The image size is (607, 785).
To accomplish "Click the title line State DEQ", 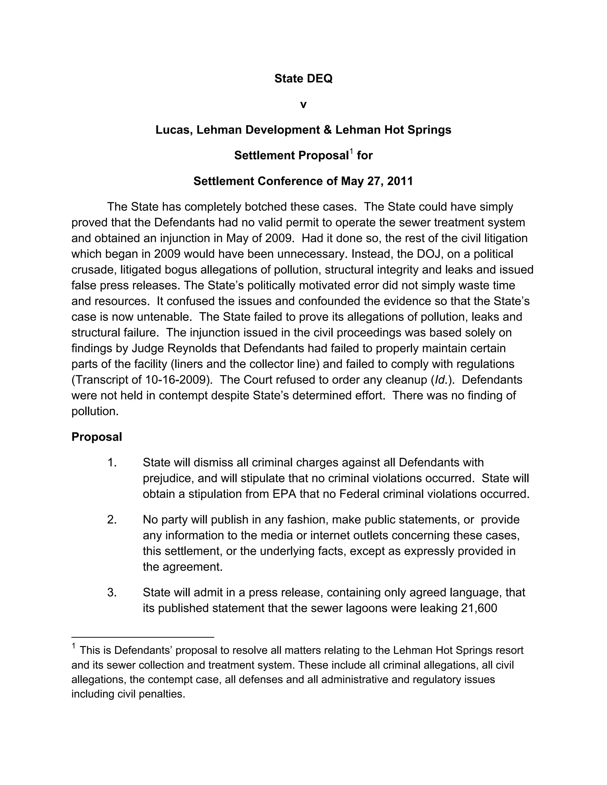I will (303, 78).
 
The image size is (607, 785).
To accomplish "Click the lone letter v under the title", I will (303, 105).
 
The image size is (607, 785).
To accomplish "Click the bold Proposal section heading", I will (97, 437).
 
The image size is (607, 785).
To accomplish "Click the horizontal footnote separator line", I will (143, 637).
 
